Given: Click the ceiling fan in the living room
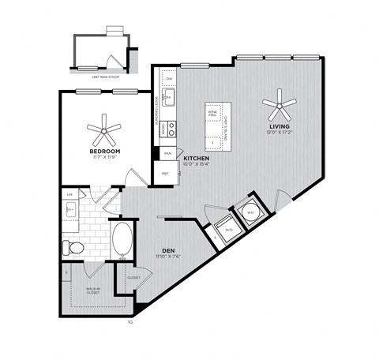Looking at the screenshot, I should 279,102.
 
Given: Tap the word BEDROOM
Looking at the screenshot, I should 104,150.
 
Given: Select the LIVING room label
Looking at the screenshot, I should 279,126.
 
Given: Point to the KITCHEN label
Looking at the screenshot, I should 197,158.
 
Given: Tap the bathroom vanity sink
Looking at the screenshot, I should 70,210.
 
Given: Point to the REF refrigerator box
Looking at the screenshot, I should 166,173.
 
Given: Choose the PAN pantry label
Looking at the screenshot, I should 167,153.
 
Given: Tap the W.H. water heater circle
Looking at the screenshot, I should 250,211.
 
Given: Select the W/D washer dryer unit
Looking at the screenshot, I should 228,230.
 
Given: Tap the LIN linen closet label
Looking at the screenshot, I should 70,193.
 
